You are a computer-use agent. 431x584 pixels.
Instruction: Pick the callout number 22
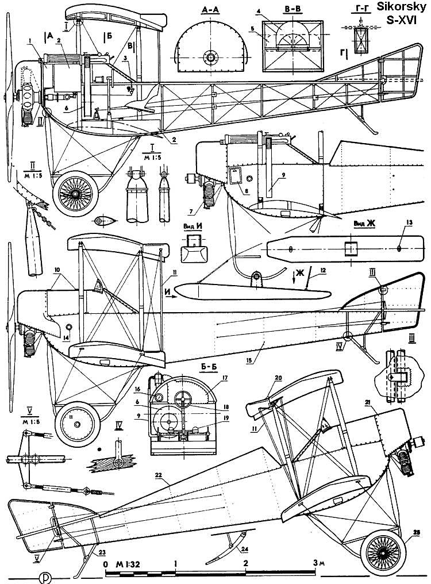[x=159, y=475]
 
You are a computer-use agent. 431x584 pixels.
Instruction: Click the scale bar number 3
[x=315, y=563]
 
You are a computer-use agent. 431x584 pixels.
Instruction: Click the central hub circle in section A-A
[x=211, y=58]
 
